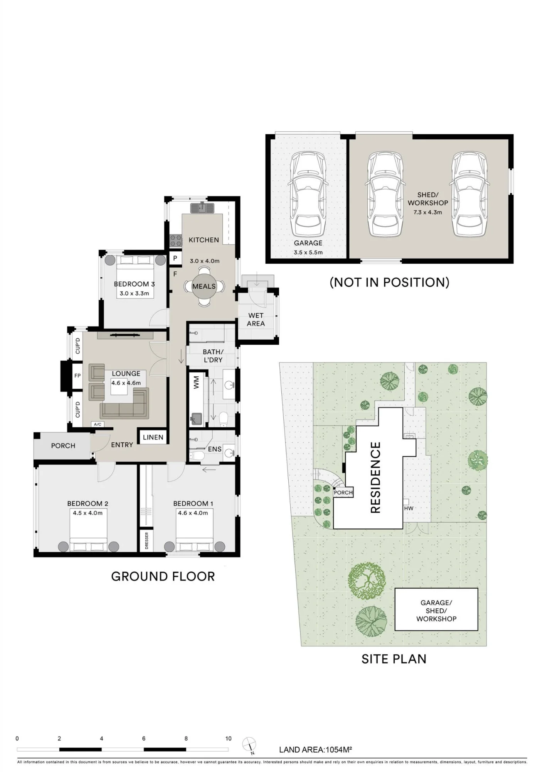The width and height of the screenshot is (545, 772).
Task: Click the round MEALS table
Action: point(204,286)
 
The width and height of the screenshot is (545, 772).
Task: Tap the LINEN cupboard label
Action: point(153,437)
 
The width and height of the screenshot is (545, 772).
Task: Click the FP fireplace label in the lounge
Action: point(78,376)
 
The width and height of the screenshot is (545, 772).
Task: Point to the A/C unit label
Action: point(98,425)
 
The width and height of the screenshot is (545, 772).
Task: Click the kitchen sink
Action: point(202,208)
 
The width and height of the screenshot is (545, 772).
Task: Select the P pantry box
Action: point(175,258)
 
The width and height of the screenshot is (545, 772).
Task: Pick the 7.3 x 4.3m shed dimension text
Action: point(428,212)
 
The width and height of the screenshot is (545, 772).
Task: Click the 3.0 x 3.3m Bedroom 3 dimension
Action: point(134,293)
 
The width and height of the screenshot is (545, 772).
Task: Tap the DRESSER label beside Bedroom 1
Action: point(146,541)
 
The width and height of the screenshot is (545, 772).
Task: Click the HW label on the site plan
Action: point(409,508)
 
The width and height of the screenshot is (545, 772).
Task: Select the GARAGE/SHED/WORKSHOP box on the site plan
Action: point(436,609)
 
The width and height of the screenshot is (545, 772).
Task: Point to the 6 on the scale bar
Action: point(144,738)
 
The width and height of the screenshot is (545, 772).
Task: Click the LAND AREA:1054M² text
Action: point(316,750)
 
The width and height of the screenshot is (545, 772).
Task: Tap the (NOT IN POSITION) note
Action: point(389,282)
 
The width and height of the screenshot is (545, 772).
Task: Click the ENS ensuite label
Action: point(215,449)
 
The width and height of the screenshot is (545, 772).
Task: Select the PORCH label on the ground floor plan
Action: point(63,446)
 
